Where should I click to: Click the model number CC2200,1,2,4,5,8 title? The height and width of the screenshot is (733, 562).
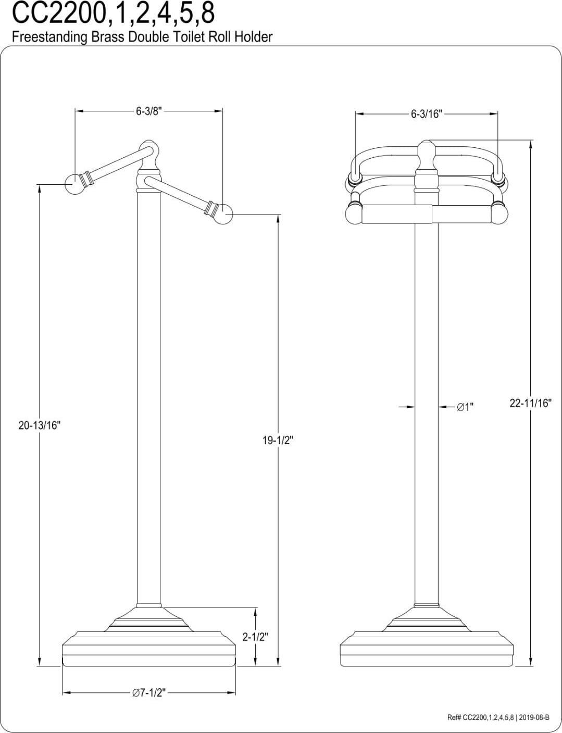pos(113,14)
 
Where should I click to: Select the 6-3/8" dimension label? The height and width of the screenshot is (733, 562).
pos(149,111)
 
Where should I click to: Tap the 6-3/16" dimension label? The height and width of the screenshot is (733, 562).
pos(426,114)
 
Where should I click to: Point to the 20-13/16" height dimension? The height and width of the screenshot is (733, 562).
pos(40,425)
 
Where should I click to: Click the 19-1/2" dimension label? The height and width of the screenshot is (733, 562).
pos(278,440)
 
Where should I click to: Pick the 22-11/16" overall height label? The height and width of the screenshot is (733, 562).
pos(530,403)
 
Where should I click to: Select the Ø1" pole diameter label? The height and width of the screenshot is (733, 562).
pos(465,407)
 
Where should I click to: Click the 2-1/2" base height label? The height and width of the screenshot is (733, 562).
pos(255,637)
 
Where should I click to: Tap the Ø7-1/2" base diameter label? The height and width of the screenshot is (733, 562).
pos(148,693)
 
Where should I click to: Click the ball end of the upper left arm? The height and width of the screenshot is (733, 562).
pos(74,183)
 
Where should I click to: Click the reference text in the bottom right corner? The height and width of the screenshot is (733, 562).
pos(498,717)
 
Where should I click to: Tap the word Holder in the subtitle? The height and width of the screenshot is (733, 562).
pos(252,37)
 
